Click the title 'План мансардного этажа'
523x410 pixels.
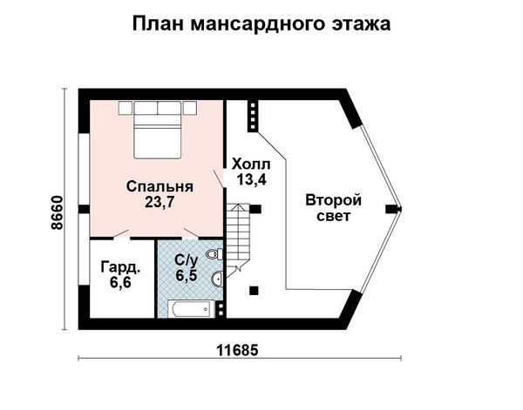point(261,24)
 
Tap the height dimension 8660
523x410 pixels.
point(58,212)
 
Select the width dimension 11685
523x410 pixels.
point(237,350)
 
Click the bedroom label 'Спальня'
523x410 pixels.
point(160,187)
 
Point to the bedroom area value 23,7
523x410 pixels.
point(160,202)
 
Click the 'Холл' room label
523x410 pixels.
point(251,165)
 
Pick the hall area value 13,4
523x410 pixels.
point(252,179)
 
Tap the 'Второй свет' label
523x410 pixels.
point(334,208)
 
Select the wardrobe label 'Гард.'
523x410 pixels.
point(120,267)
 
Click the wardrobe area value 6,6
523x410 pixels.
point(120,283)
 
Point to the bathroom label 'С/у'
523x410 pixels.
point(187,261)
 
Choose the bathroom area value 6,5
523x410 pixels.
point(187,276)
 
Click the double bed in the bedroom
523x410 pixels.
point(158,130)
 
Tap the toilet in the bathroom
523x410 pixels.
point(214,254)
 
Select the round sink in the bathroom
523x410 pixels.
point(217,279)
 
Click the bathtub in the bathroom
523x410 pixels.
point(192,309)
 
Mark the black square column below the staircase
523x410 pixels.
point(255,291)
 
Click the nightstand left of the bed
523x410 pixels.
point(126,108)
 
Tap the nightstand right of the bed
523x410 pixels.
point(190,108)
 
